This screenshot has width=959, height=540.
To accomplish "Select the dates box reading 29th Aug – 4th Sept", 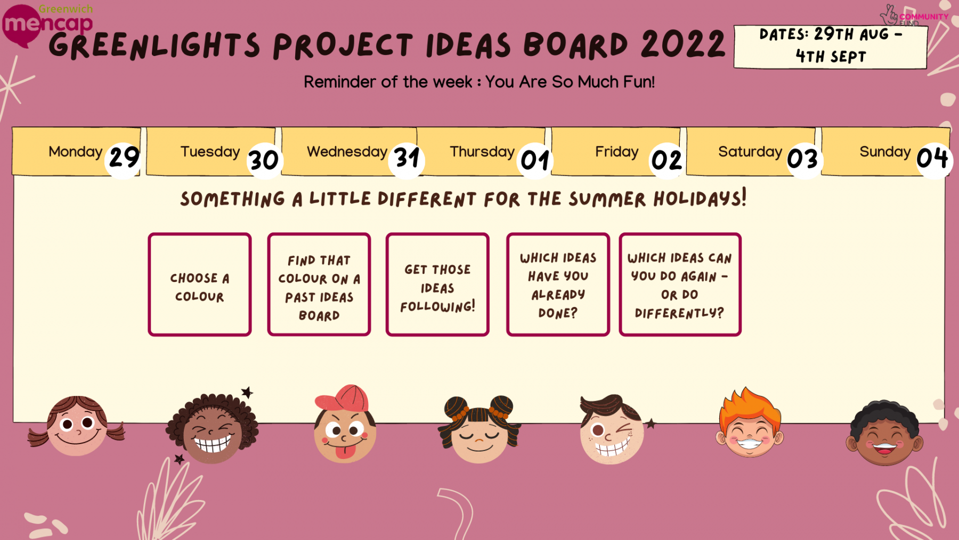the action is coord(831,46).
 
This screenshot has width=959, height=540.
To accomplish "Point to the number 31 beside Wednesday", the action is coord(407,158).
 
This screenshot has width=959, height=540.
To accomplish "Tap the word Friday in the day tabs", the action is coord(616,152).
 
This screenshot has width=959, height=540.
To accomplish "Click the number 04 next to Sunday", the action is coord(932,158).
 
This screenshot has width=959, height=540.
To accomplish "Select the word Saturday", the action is coord(750,152).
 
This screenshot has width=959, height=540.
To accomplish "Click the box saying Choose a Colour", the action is coord(200,285).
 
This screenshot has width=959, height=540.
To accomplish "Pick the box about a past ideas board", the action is coord(319,285).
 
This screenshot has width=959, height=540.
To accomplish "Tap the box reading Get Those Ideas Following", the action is coord(437,285).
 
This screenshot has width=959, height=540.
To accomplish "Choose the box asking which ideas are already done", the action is coord(558,285).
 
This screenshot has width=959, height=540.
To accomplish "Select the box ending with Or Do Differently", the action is coord(680,285).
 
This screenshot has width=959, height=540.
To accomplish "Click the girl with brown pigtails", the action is coord(77,426).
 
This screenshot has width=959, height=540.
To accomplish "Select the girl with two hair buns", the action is coord(479,430).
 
